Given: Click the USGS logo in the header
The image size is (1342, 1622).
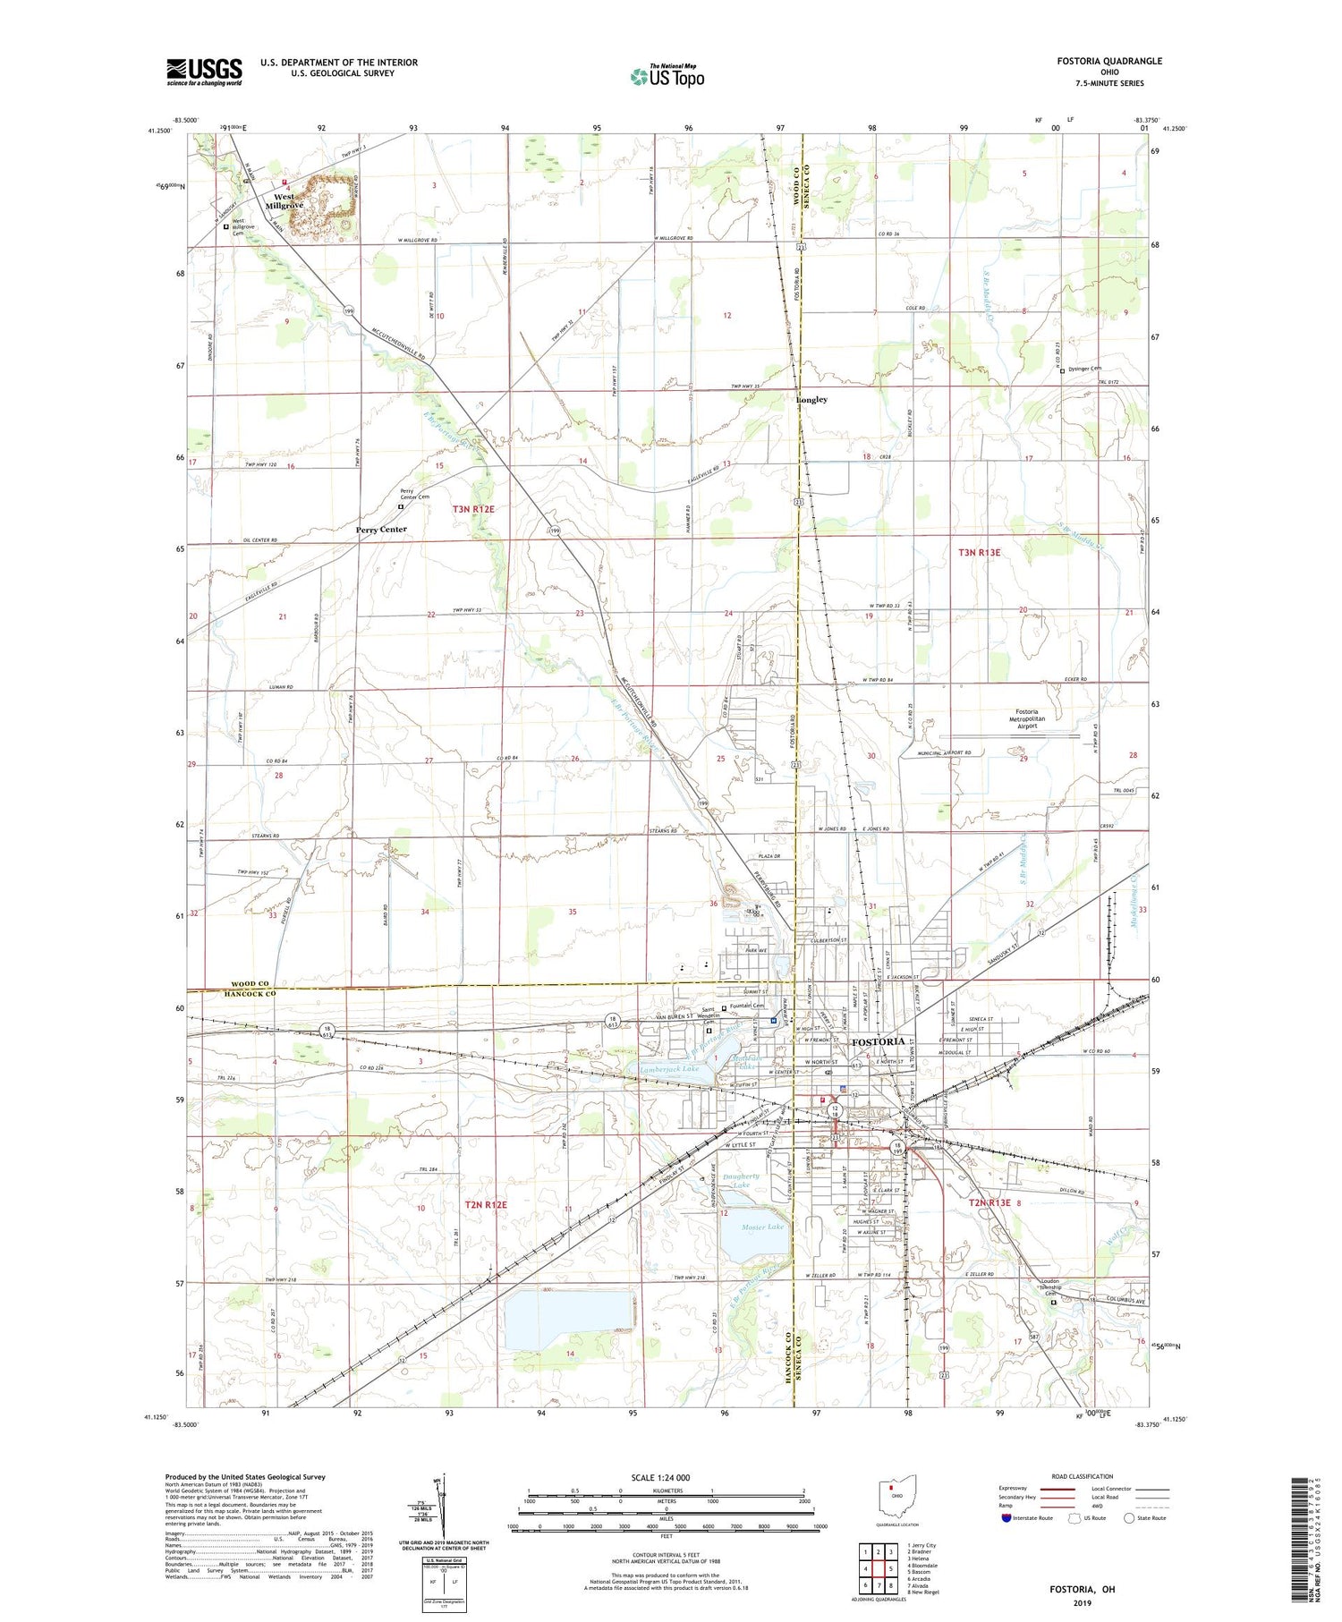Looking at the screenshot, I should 204,72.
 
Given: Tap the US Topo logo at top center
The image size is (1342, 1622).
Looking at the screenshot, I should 667,77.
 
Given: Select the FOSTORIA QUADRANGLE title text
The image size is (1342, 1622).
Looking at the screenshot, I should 1109,61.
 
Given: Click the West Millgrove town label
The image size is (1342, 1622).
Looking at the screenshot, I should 288,201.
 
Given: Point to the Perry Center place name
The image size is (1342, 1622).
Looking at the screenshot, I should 381,530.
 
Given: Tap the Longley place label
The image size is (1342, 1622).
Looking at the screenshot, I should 811,400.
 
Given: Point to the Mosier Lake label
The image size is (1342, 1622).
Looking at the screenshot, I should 762,1227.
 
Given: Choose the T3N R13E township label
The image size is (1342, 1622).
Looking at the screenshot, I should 979,553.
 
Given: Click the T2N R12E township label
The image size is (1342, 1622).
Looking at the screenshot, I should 485,1205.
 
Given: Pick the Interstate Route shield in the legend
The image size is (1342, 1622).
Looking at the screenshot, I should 1006,1518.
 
